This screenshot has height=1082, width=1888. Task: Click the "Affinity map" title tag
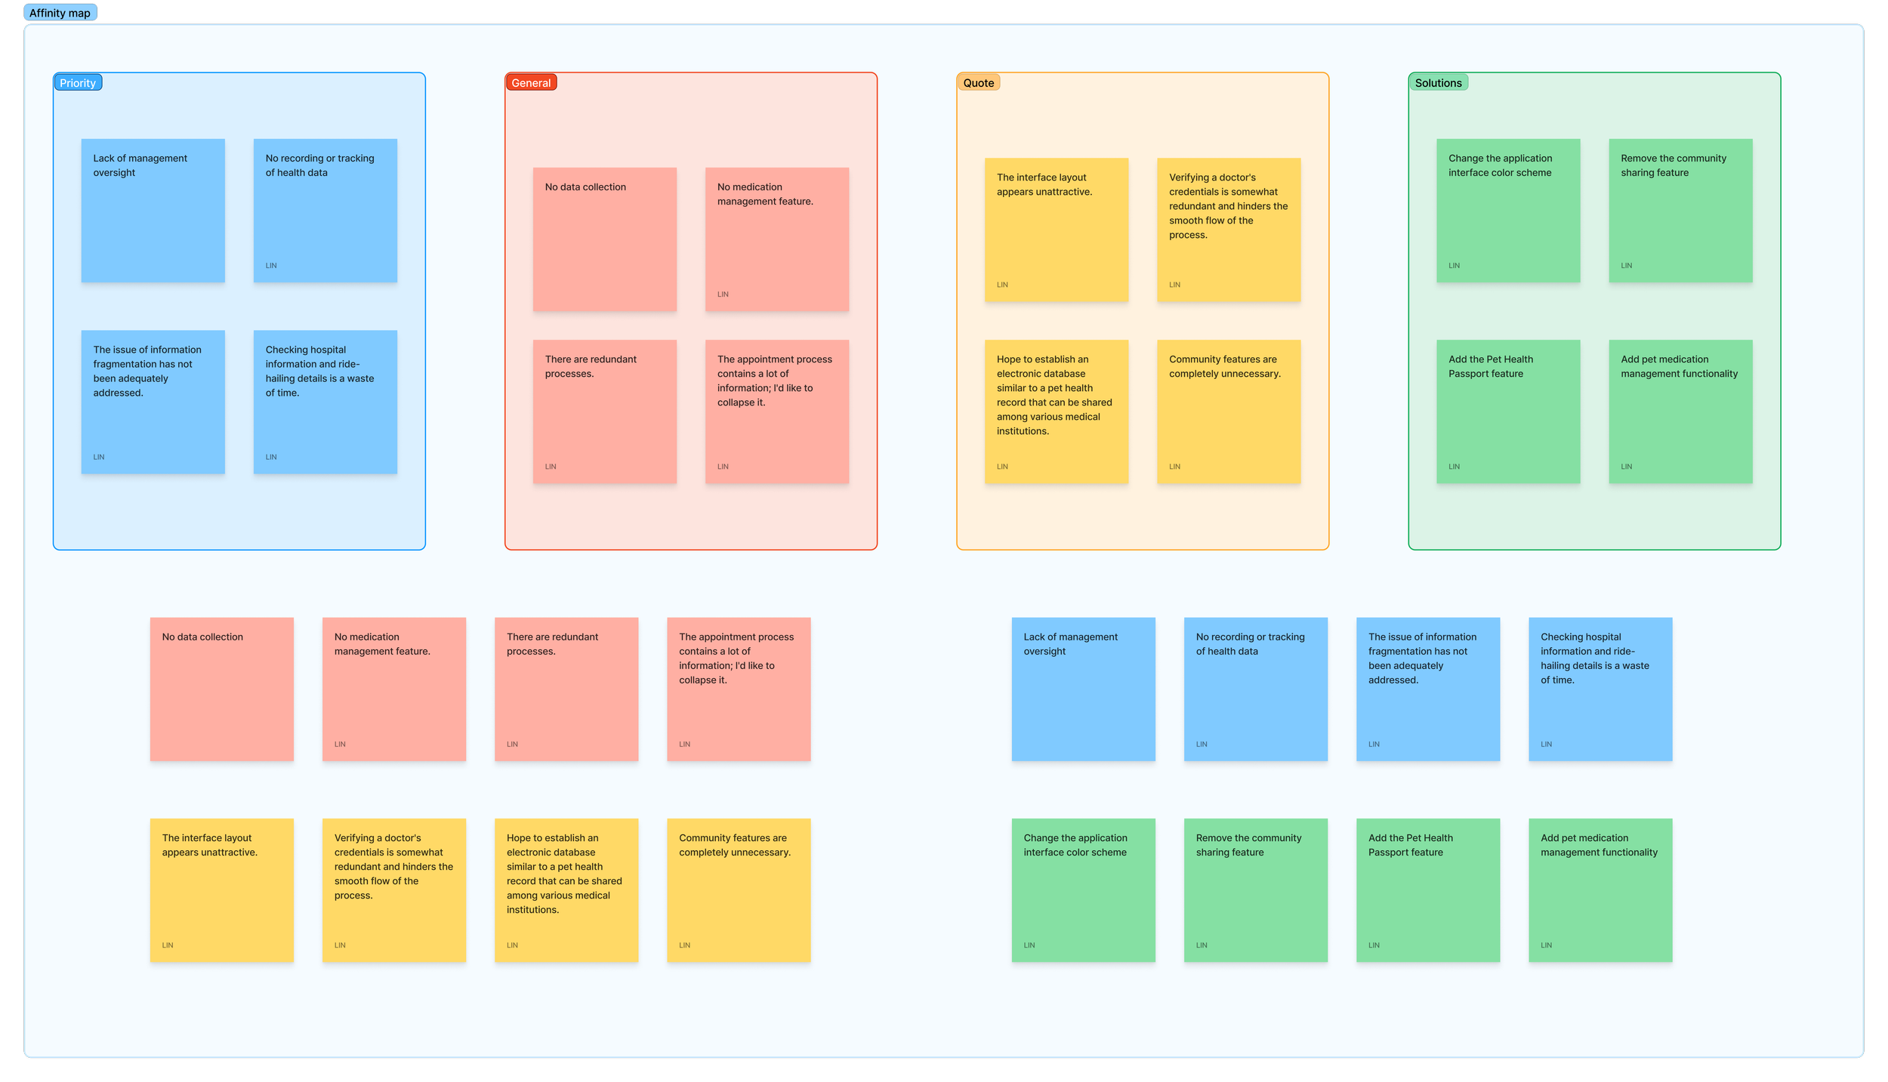click(x=60, y=13)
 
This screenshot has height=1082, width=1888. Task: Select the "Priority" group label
click(x=78, y=83)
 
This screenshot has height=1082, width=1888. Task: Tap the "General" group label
click(x=531, y=83)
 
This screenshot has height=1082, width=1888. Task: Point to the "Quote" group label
click(x=978, y=83)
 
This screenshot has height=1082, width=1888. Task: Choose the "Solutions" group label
click(x=1438, y=83)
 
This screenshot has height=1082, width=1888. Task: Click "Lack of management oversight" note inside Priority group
click(x=153, y=210)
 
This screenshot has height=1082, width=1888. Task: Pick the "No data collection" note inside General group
click(x=604, y=239)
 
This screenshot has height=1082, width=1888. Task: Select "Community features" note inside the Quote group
click(x=1229, y=411)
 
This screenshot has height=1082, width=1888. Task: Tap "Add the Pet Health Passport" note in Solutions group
click(x=1507, y=411)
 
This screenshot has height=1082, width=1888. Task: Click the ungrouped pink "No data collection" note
click(x=221, y=689)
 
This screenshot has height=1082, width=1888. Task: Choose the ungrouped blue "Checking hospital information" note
click(x=1600, y=689)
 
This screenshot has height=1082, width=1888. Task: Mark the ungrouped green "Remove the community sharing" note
click(x=1255, y=889)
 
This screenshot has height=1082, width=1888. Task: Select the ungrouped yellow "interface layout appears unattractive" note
click(x=221, y=889)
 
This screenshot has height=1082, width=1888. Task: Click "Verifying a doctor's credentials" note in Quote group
click(x=1229, y=230)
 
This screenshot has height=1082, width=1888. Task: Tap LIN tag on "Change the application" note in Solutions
click(x=1454, y=266)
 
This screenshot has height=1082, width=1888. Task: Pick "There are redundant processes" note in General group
click(x=604, y=411)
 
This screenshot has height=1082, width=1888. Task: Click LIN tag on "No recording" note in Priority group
click(x=271, y=266)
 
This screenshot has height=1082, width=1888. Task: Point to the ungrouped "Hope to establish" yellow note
click(x=566, y=889)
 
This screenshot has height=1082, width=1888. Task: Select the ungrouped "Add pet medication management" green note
click(x=1600, y=889)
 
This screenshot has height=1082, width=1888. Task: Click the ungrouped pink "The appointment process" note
click(x=738, y=689)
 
